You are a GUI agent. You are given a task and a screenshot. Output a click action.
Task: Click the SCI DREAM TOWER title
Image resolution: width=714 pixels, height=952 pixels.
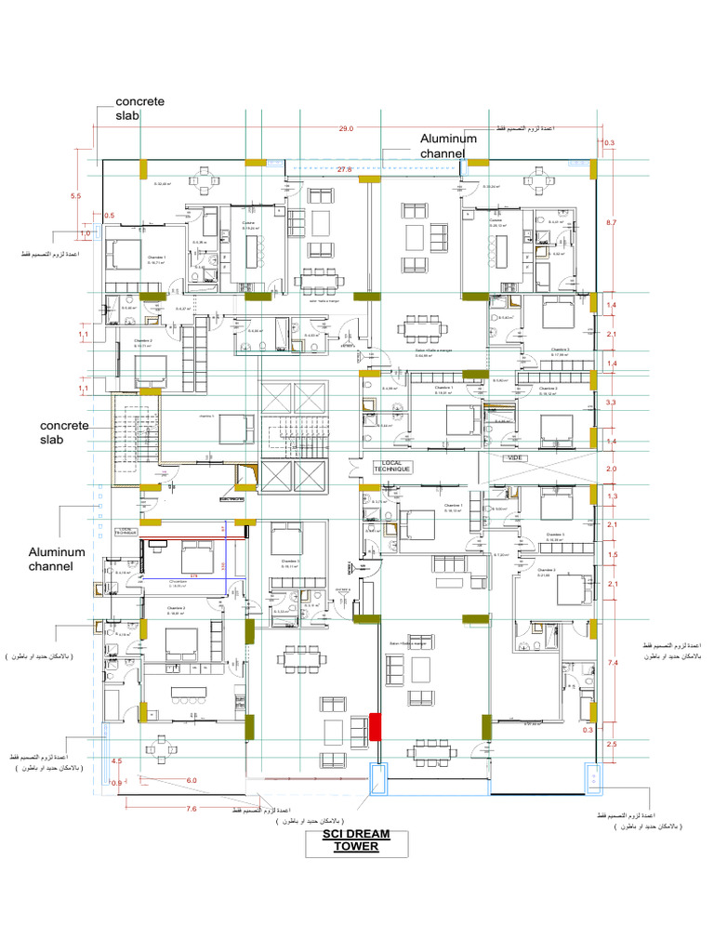coord(355,840)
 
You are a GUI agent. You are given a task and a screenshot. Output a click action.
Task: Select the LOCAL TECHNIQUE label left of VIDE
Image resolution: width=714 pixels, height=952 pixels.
coord(392,467)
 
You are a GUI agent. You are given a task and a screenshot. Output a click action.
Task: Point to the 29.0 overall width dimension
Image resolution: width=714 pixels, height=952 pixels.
coord(346,128)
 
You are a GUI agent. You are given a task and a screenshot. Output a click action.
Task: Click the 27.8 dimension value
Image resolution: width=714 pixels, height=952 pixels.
coord(344,170)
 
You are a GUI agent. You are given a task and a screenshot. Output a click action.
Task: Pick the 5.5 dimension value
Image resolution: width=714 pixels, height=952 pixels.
coord(76,196)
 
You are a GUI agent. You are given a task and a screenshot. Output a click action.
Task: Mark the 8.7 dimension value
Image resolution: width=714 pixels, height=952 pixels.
coord(611,223)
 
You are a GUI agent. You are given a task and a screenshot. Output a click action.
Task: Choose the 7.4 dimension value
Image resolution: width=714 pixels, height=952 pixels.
coord(612,663)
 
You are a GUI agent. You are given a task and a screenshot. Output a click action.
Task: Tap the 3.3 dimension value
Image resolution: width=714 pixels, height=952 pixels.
coord(611,403)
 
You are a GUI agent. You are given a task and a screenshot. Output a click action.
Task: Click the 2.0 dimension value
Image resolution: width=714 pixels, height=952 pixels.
coord(611,469)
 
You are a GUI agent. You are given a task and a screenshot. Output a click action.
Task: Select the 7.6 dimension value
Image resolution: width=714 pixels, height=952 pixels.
coord(192,809)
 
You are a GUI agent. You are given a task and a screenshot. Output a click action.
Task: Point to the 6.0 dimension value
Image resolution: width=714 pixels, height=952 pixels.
coord(192,780)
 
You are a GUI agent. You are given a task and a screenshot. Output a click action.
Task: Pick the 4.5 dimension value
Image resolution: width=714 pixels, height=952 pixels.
coord(116,761)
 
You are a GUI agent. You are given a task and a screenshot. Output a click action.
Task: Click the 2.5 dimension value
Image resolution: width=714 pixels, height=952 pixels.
coord(611,746)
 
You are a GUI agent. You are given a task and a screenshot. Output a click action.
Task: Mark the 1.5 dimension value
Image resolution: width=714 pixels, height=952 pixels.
coord(611,555)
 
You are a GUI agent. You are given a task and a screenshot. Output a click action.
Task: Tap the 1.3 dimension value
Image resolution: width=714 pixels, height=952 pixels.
coord(611,497)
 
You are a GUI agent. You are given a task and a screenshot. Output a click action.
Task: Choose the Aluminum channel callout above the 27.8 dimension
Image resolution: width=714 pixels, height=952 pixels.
coord(448,145)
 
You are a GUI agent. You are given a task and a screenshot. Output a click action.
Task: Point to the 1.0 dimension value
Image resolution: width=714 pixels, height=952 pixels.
coord(86,234)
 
